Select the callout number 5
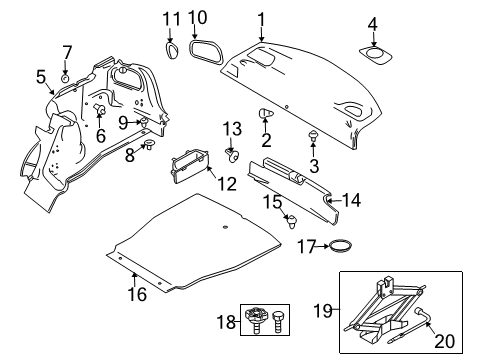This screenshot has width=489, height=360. (x=41, y=75)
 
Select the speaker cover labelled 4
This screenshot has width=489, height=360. (x=379, y=56)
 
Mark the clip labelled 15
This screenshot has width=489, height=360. (x=293, y=223)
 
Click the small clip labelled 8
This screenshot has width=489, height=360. (x=147, y=145)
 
